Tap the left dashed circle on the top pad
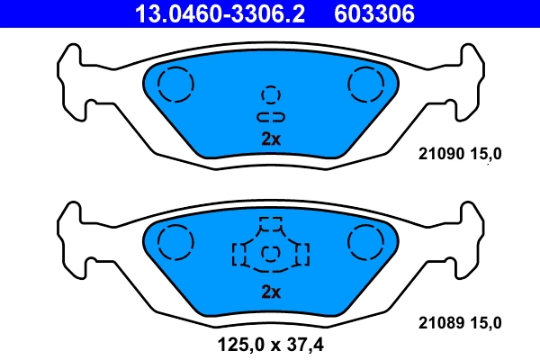[175, 85]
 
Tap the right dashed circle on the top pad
[365, 85]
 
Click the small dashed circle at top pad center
[271, 94]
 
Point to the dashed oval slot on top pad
[271, 117]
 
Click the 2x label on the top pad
[271, 139]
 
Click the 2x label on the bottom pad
[271, 292]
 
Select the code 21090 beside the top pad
[441, 155]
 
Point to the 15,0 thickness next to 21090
[484, 155]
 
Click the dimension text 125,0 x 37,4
[270, 342]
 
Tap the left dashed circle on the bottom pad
[175, 241]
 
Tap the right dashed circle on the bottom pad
[365, 241]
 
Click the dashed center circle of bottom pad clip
[271, 255]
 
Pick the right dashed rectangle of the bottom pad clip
[301, 254]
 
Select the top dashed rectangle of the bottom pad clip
[270, 224]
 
